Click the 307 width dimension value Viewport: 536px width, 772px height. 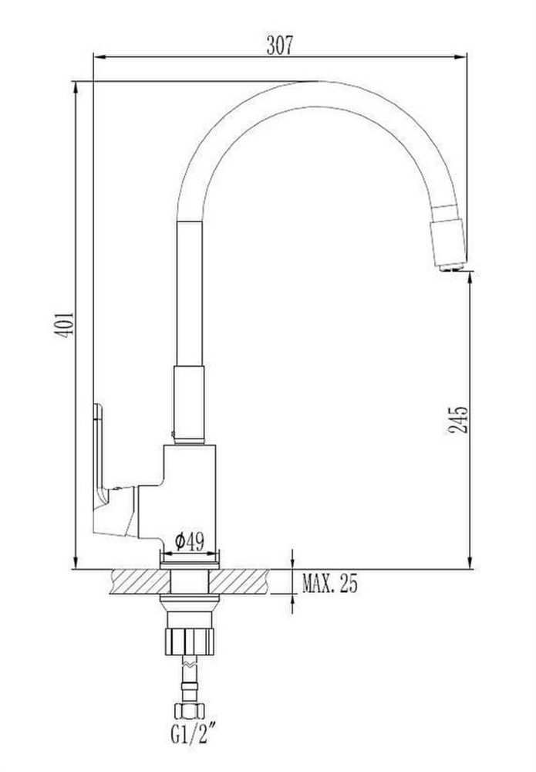(x=279, y=45)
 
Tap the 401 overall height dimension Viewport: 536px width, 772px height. (x=64, y=324)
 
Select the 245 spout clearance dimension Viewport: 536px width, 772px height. (x=457, y=420)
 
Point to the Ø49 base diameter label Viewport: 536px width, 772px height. (x=189, y=542)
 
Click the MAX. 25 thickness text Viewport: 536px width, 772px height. (x=330, y=584)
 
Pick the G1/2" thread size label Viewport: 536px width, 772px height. (x=188, y=736)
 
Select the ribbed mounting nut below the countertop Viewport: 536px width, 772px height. (x=190, y=640)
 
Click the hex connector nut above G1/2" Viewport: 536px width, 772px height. (x=189, y=710)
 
